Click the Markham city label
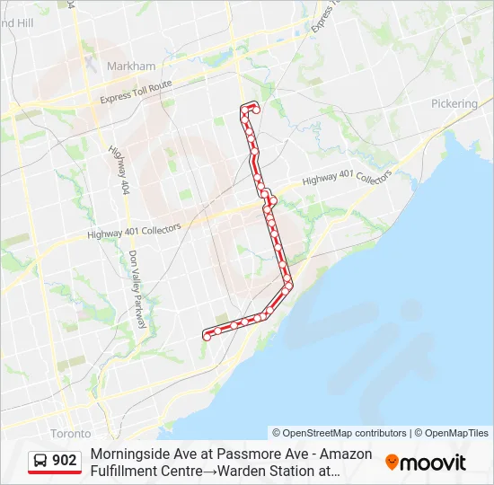click(131, 66)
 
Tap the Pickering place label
click(454, 103)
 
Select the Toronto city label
click(70, 433)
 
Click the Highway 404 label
click(119, 172)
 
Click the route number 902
click(65, 461)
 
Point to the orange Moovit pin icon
click(392, 463)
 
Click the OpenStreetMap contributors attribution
click(340, 433)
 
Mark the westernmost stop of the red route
click(207, 337)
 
